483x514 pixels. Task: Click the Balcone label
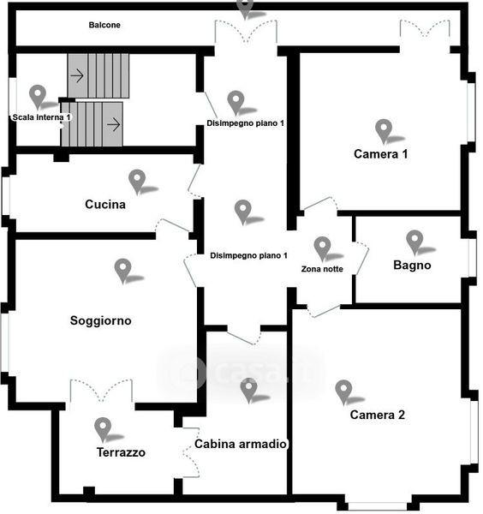(104, 25)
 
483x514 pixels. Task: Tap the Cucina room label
(105, 204)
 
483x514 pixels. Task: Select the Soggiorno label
(100, 320)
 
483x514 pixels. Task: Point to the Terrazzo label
(121, 452)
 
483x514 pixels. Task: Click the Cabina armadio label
(241, 444)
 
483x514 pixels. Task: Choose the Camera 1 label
(381, 153)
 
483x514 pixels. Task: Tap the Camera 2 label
(377, 415)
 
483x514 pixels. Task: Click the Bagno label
(412, 265)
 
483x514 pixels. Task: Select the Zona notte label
(322, 269)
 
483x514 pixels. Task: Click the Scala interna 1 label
(41, 117)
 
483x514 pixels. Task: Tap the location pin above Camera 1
(384, 132)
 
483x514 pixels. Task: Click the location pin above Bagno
(414, 242)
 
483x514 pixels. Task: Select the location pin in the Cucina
(137, 182)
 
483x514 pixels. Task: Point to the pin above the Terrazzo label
(103, 430)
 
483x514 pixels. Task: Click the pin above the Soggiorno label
(122, 271)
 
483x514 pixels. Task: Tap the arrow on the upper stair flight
(77, 75)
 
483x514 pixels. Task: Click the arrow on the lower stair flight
(114, 124)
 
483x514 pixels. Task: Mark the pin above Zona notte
(322, 249)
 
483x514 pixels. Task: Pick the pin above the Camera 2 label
(343, 392)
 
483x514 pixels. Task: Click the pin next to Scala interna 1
(38, 98)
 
